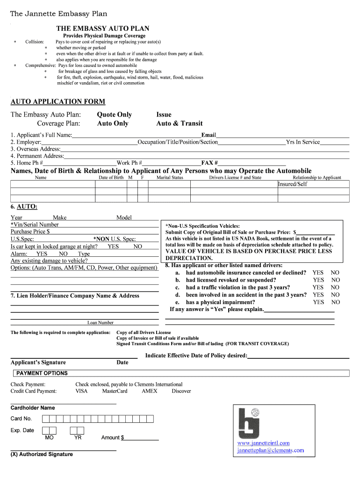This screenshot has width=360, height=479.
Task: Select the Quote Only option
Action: click(x=114, y=115)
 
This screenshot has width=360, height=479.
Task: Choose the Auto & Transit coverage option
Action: click(x=179, y=123)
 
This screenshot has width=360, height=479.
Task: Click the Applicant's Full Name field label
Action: click(x=41, y=135)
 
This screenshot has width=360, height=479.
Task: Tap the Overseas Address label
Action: click(x=36, y=149)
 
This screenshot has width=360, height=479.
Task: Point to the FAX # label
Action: click(x=209, y=163)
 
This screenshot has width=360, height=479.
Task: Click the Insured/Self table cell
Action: click(x=293, y=184)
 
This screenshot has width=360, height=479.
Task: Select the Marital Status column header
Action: click(x=170, y=178)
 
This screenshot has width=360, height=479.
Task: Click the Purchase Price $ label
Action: click(x=30, y=232)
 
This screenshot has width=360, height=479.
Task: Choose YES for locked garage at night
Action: click(x=113, y=247)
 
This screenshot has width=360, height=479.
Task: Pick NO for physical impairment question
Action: click(x=335, y=302)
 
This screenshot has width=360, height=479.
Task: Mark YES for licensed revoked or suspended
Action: click(x=318, y=280)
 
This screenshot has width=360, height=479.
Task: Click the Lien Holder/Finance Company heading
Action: click(x=75, y=296)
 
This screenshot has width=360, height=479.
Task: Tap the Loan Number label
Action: click(x=100, y=322)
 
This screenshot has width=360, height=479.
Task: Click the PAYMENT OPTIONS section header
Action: click(x=42, y=373)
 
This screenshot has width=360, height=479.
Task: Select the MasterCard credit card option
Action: click(x=115, y=391)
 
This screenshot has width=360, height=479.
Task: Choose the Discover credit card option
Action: click(x=181, y=391)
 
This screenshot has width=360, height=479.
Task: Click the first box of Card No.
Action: click(x=46, y=419)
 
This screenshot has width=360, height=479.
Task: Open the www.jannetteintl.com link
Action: click(x=263, y=443)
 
